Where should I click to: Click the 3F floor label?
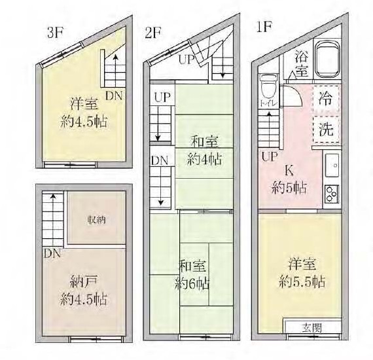tap(55, 33)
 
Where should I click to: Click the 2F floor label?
tap(153, 33)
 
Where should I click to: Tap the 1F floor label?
tap(264, 27)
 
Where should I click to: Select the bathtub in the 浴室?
tap(327, 58)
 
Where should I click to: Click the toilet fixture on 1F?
tap(269, 86)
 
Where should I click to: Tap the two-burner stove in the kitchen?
tap(332, 194)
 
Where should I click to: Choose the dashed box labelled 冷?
tap(326, 99)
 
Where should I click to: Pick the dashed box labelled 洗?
tap(326, 130)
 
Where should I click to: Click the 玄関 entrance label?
tap(312, 328)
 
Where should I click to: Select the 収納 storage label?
tap(96, 220)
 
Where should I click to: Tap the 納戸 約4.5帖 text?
tap(83, 291)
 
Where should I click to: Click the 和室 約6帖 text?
tap(192, 275)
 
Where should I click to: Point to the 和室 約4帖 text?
tap(204, 151)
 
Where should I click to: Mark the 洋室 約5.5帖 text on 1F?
tap(302, 273)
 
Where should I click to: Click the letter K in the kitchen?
tap(289, 171)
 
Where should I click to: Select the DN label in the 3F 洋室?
tap(114, 96)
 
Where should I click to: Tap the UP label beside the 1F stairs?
tap(270, 156)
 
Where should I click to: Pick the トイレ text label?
tap(268, 103)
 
